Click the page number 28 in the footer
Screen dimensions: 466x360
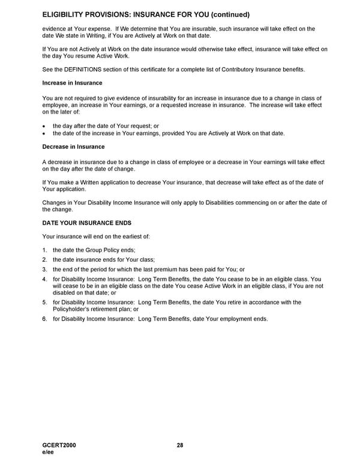[x=180, y=445]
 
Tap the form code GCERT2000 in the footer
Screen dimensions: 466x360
[x=59, y=445]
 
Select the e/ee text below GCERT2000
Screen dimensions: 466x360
[x=49, y=452]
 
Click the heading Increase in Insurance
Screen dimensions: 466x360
[x=72, y=82]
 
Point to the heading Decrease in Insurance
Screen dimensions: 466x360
[x=73, y=147]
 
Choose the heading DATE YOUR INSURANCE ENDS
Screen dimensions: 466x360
[x=86, y=223]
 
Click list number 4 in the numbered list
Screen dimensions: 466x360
[x=45, y=279]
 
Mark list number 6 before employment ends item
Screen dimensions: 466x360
[x=45, y=318]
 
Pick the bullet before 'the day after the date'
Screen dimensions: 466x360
[x=44, y=126]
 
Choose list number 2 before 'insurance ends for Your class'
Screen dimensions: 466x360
[x=45, y=259]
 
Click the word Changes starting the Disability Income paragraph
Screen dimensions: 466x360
[x=55, y=202]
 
